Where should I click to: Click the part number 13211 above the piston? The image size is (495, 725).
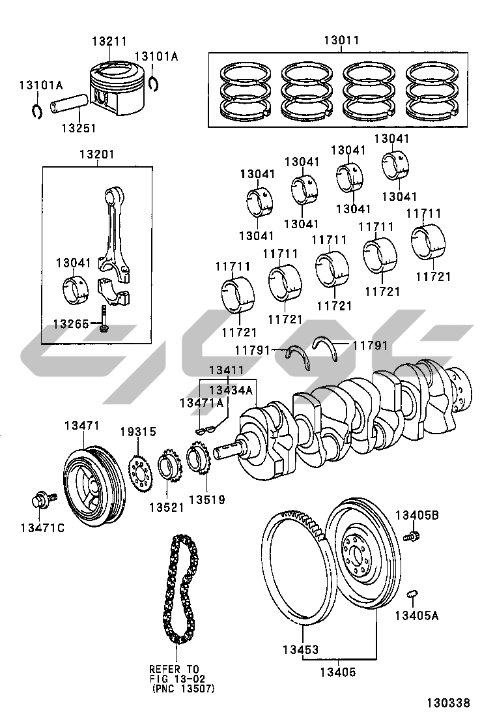(x=109, y=41)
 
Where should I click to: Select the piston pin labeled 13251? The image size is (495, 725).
(x=69, y=104)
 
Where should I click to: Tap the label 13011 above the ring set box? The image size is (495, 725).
(x=341, y=40)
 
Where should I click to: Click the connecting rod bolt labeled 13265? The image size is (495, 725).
(x=104, y=319)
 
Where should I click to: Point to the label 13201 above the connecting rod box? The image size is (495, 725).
(x=96, y=154)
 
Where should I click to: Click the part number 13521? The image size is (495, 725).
(x=166, y=507)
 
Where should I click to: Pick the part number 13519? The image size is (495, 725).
(x=207, y=499)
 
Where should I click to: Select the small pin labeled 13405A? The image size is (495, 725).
(x=412, y=594)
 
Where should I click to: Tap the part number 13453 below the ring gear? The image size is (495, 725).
(x=301, y=649)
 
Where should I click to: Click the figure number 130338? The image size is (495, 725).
(x=448, y=703)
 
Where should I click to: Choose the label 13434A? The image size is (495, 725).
(x=231, y=390)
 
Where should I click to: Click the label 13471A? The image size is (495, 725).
(x=201, y=403)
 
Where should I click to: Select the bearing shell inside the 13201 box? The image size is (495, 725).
(x=75, y=290)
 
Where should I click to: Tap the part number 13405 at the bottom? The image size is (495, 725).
(x=338, y=672)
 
